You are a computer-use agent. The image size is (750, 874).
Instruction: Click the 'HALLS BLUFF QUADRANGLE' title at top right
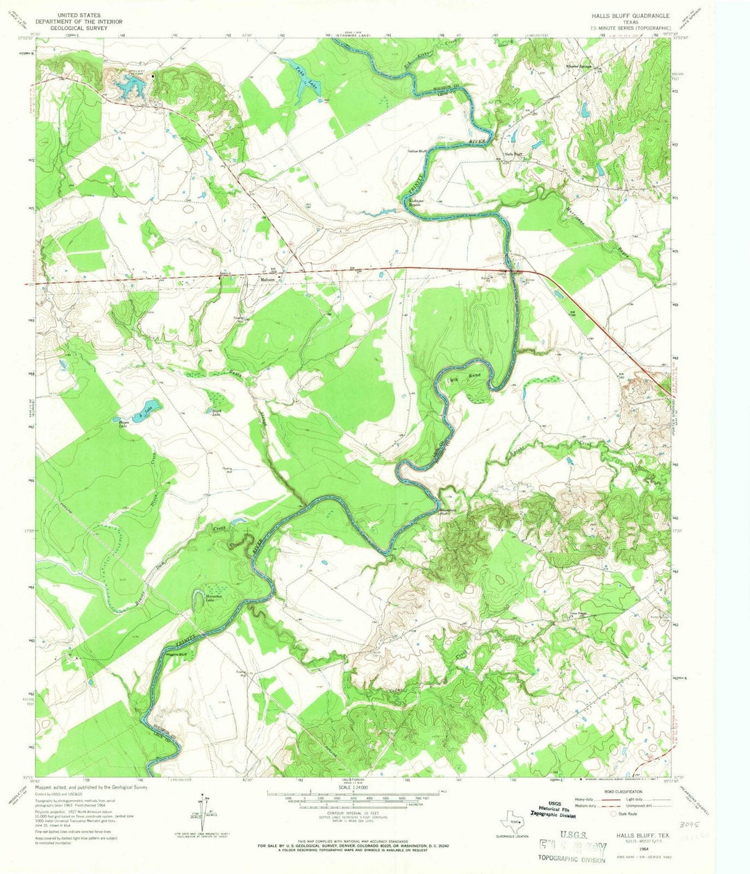click(x=631, y=15)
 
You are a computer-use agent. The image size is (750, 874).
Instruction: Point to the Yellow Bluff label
click(x=417, y=151)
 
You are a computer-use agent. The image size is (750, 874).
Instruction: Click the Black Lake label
click(x=211, y=415)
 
